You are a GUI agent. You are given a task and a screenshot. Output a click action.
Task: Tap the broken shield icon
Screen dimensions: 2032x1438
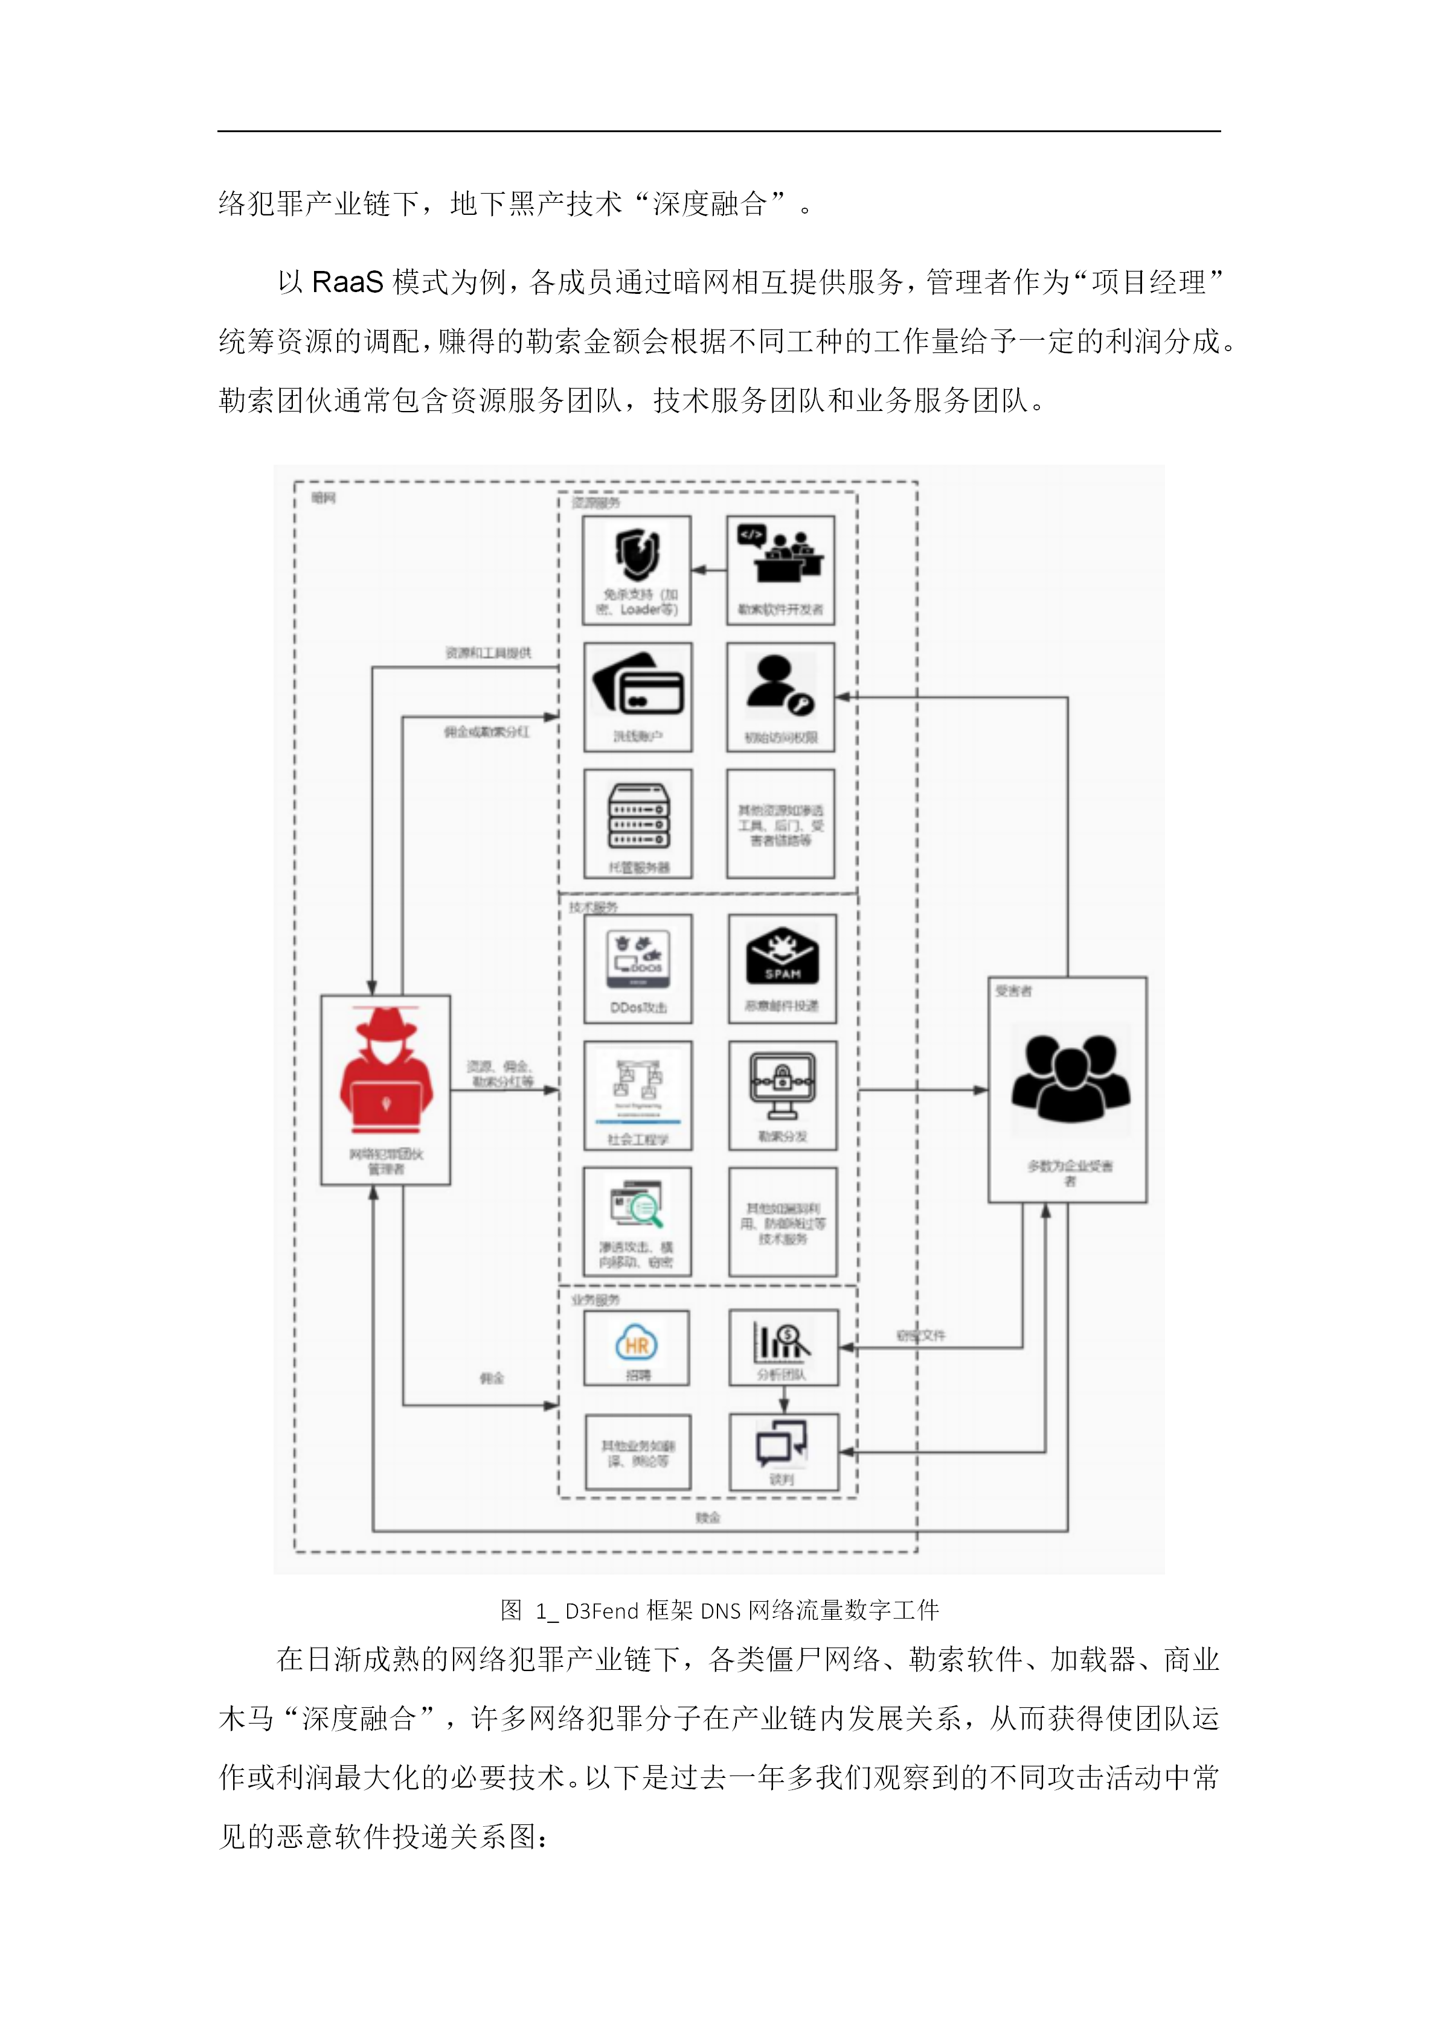click(638, 553)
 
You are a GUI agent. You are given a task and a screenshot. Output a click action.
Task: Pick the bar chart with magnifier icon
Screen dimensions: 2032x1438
click(782, 1342)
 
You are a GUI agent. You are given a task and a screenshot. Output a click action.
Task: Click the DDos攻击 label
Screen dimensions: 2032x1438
click(638, 1007)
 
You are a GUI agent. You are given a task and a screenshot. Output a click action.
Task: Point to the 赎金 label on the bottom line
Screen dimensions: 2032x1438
click(707, 1517)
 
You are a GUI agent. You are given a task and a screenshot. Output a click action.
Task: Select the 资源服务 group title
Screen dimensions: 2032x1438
click(596, 503)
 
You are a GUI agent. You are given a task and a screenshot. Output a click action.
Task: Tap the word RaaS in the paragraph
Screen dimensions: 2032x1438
click(347, 282)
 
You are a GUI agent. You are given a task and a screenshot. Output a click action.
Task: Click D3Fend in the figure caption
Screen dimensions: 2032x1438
click(602, 1610)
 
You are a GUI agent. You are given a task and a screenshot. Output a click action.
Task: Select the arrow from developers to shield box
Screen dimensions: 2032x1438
click(708, 570)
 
